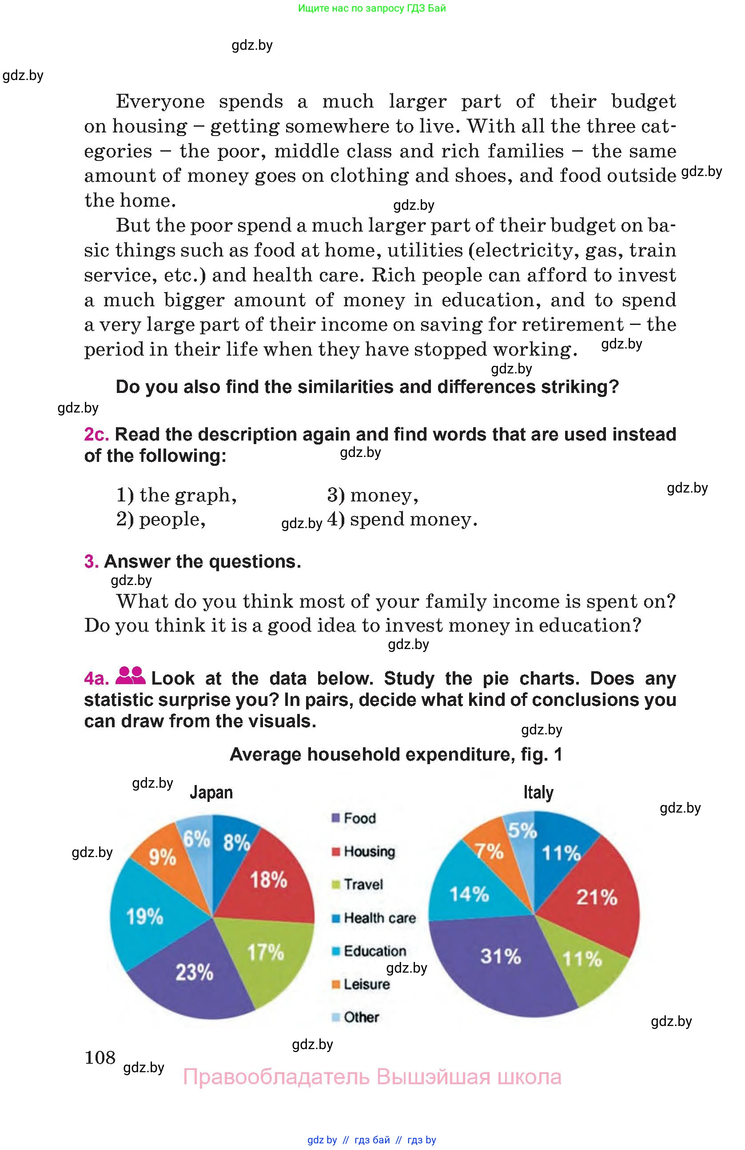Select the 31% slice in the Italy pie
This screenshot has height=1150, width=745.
tap(500, 956)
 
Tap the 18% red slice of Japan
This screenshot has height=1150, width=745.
tap(268, 879)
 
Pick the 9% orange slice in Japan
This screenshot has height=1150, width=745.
tap(162, 857)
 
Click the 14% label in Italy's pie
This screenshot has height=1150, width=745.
tap(469, 894)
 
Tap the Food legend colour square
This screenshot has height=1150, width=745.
tap(335, 818)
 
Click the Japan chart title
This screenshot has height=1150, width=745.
tap(211, 793)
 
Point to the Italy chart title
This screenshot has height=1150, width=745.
tap(538, 793)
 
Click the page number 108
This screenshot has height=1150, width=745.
tap(100, 1058)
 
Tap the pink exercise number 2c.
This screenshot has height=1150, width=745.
tap(96, 434)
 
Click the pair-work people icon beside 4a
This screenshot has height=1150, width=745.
tap(130, 676)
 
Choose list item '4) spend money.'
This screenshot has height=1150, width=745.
tap(402, 519)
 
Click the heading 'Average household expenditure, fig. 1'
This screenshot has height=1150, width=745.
tap(396, 754)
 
